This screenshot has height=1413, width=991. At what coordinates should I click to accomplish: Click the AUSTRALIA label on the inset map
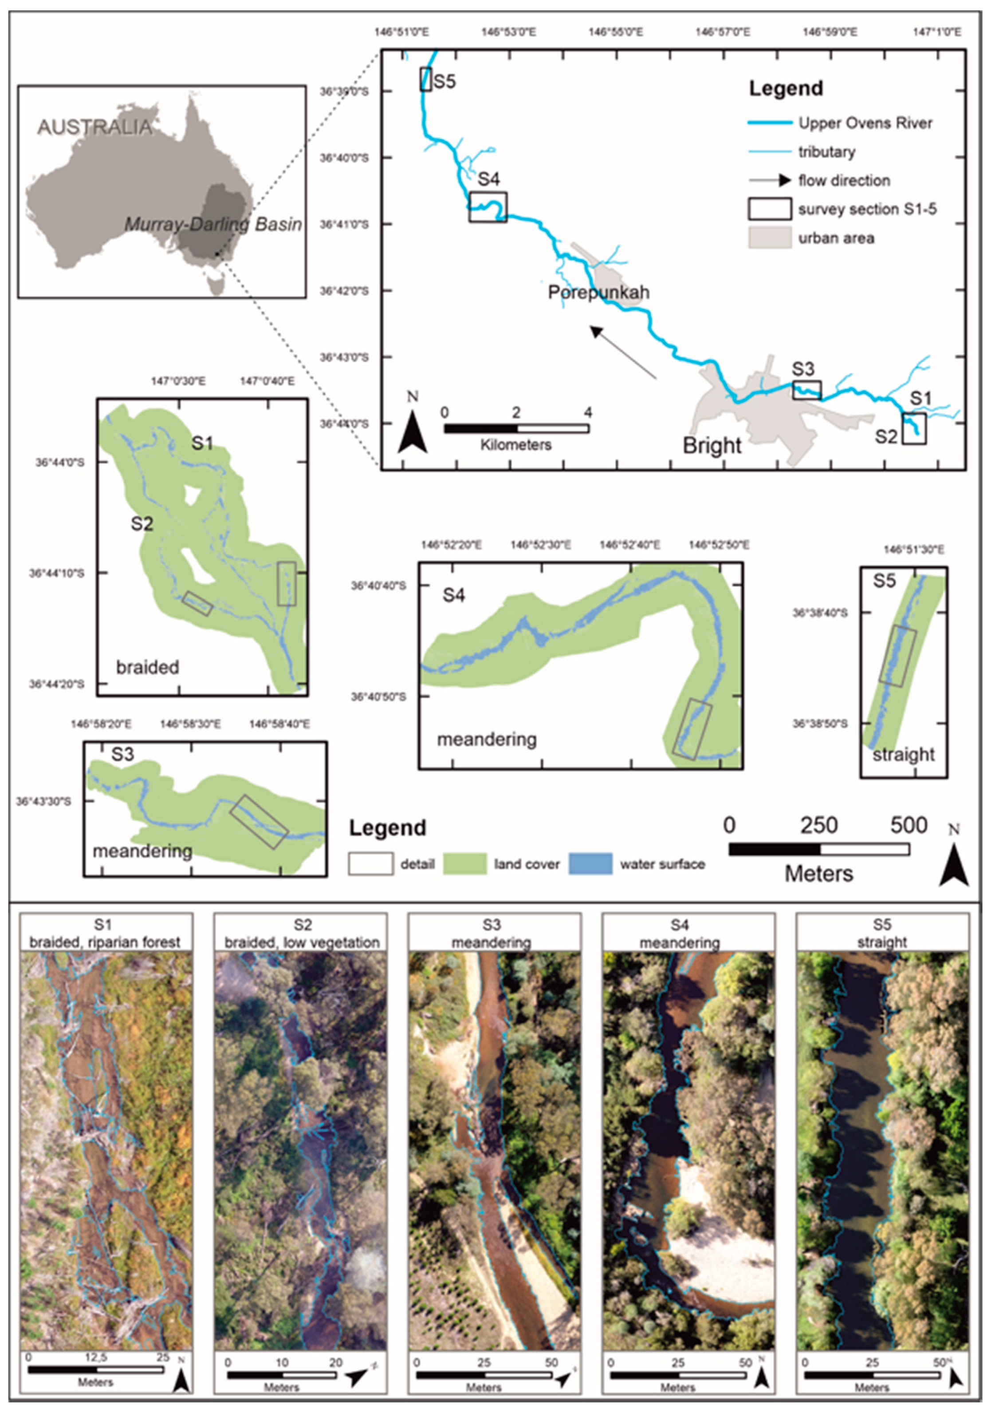[94, 127]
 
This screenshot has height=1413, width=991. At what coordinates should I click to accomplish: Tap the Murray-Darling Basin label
[213, 225]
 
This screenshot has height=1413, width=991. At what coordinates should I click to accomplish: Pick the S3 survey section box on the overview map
[806, 390]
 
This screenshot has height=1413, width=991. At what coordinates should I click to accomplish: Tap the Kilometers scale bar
[516, 428]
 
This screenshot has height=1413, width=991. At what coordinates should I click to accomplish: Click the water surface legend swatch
[590, 863]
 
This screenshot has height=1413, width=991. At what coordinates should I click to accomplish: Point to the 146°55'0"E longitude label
[616, 32]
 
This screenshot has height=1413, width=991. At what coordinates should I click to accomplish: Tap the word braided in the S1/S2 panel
[148, 667]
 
